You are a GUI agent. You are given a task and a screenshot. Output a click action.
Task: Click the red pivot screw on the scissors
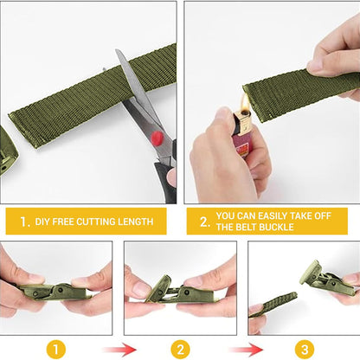coord(156,137)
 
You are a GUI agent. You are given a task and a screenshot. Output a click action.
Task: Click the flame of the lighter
coord(246,108)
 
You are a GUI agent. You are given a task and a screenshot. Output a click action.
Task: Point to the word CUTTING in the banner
coord(101,222)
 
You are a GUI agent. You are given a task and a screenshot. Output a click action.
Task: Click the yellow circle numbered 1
coord(55,349)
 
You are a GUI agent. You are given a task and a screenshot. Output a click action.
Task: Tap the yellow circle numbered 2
coord(179,349)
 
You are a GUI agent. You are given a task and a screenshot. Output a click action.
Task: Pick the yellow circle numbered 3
coord(304,349)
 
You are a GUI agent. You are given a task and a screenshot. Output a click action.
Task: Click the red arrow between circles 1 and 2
coord(118,349)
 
